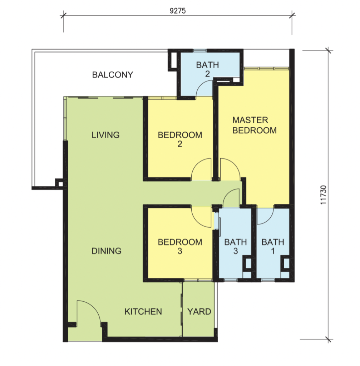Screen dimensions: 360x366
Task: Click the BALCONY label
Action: tap(113, 75)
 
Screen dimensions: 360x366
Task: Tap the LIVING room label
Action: tap(105, 135)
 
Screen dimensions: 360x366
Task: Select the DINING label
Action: tap(106, 251)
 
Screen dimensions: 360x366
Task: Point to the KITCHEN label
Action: tap(143, 312)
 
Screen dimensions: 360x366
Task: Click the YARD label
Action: tap(199, 312)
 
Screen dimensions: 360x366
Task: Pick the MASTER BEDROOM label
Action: tap(255, 125)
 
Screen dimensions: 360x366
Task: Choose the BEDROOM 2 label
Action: tap(180, 139)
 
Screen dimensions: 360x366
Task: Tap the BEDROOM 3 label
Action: tap(180, 247)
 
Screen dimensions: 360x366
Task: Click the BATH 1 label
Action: tap(273, 247)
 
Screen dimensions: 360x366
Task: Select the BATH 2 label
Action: tap(207, 69)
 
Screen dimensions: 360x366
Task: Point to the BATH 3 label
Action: tap(235, 247)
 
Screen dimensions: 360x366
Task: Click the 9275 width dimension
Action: tap(178, 11)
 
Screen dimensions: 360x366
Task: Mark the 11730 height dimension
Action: tap(323, 195)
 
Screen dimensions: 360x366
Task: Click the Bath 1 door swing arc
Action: tap(269, 219)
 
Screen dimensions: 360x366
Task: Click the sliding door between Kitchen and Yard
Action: tap(181, 309)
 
